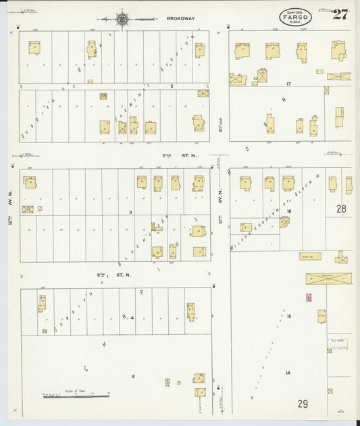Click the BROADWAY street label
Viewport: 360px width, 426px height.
[180, 19]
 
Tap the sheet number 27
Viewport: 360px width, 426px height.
[340, 16]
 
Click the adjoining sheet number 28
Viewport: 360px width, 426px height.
[341, 209]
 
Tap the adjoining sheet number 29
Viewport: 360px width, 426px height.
[303, 404]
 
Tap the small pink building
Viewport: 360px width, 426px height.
[309, 297]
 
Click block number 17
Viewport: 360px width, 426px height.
[288, 84]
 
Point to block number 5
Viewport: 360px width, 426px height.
[133, 377]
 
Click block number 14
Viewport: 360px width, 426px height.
[288, 373]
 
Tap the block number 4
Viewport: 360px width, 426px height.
[133, 317]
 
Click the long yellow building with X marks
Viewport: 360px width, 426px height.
[328, 278]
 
